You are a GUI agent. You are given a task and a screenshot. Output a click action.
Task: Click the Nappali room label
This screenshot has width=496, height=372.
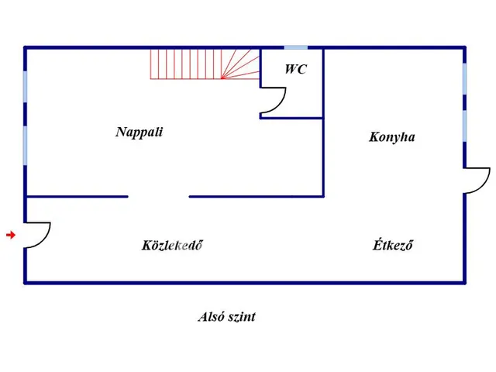139,132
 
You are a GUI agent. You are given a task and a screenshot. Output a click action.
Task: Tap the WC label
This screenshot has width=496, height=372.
295,70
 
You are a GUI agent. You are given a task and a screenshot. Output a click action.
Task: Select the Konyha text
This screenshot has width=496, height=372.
391,137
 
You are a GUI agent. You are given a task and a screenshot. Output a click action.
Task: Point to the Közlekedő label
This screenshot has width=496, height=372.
172,246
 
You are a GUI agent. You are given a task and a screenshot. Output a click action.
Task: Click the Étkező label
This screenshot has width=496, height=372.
392,246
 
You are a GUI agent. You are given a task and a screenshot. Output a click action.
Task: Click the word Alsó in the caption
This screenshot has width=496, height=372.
212,317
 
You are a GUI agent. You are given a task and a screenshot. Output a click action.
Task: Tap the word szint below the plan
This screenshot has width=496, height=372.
242,317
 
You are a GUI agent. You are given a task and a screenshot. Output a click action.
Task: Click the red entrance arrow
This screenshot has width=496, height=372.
10,235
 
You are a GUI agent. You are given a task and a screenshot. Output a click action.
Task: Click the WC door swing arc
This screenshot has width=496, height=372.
274,101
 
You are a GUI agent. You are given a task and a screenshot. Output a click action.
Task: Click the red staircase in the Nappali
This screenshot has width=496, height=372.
203,64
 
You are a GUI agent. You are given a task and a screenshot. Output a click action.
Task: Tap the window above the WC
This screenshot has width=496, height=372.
295,48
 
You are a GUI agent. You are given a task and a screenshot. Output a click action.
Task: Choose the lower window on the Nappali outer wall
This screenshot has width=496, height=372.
26,145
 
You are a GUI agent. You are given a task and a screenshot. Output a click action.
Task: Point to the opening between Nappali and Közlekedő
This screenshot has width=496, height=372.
159,197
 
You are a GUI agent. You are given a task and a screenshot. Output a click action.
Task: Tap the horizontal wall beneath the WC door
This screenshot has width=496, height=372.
291,118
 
